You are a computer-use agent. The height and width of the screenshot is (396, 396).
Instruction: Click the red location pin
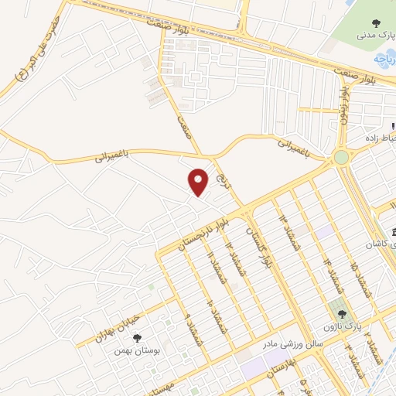coord(199,182)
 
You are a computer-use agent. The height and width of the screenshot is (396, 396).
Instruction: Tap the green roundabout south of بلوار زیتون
coord(340,158)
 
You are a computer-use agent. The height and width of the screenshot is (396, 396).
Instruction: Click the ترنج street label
coord(225,182)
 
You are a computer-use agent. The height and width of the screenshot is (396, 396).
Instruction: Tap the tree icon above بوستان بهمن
coord(137,337)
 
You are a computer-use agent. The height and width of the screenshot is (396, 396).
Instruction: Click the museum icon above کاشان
coord(393,233)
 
